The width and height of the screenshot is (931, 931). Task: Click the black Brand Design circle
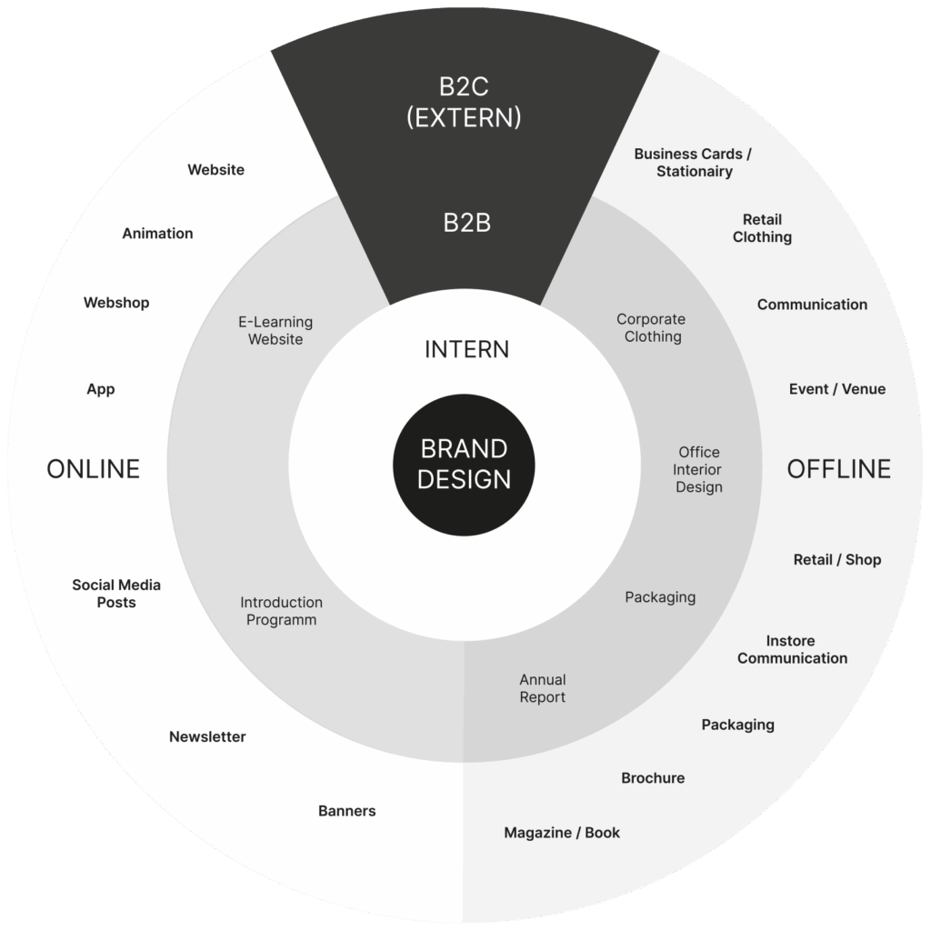pos(464,465)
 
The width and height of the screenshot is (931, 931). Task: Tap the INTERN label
pos(466,349)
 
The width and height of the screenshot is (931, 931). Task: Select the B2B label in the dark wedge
pos(466,223)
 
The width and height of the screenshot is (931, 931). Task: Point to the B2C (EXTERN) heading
pos(465,102)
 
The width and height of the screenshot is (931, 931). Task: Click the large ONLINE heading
pos(93,469)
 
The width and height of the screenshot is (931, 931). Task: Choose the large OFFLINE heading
pos(838,469)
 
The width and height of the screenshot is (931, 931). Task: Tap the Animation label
pos(157,234)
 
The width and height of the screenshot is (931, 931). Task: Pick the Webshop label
pos(116,303)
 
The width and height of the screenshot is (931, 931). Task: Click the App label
pos(101,389)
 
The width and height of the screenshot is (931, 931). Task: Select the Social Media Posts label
pos(116,594)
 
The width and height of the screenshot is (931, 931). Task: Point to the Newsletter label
pos(207,736)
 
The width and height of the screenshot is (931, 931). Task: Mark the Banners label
pos(346,811)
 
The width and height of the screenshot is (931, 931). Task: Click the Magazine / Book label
pos(562,833)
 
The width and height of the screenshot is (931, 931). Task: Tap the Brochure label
pos(653,778)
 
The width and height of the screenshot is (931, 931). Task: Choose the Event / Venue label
pos(836,389)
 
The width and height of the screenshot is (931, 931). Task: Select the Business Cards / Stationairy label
pos(694,163)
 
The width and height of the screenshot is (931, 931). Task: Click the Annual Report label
pos(543,688)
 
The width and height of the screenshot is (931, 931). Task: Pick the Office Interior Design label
pos(698,469)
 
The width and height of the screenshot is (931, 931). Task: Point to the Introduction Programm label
pos(281,611)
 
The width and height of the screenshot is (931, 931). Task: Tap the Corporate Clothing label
pos(652,328)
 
